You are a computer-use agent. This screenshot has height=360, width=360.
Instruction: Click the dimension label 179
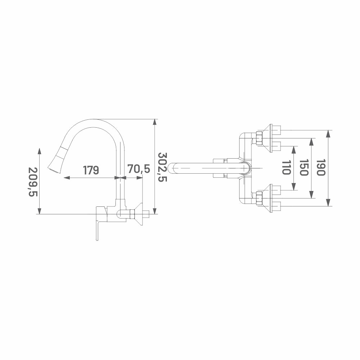(91, 170)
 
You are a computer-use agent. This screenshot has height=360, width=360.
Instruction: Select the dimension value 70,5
(139, 169)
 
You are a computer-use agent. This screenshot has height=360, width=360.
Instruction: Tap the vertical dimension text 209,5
(33, 182)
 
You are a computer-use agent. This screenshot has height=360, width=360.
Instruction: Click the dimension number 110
(286, 167)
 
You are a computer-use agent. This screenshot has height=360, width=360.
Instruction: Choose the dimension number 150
(304, 167)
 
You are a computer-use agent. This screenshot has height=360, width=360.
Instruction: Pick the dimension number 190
(321, 167)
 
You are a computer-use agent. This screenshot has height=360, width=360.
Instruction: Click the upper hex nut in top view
(259, 138)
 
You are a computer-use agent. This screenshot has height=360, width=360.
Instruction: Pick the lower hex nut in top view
(259, 198)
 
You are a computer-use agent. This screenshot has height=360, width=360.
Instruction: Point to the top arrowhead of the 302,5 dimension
(155, 122)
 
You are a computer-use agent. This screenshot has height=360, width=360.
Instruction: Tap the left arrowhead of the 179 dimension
(67, 177)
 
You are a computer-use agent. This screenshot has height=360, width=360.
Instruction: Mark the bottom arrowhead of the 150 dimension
(311, 195)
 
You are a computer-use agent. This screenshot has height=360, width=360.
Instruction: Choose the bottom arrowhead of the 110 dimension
(294, 187)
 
